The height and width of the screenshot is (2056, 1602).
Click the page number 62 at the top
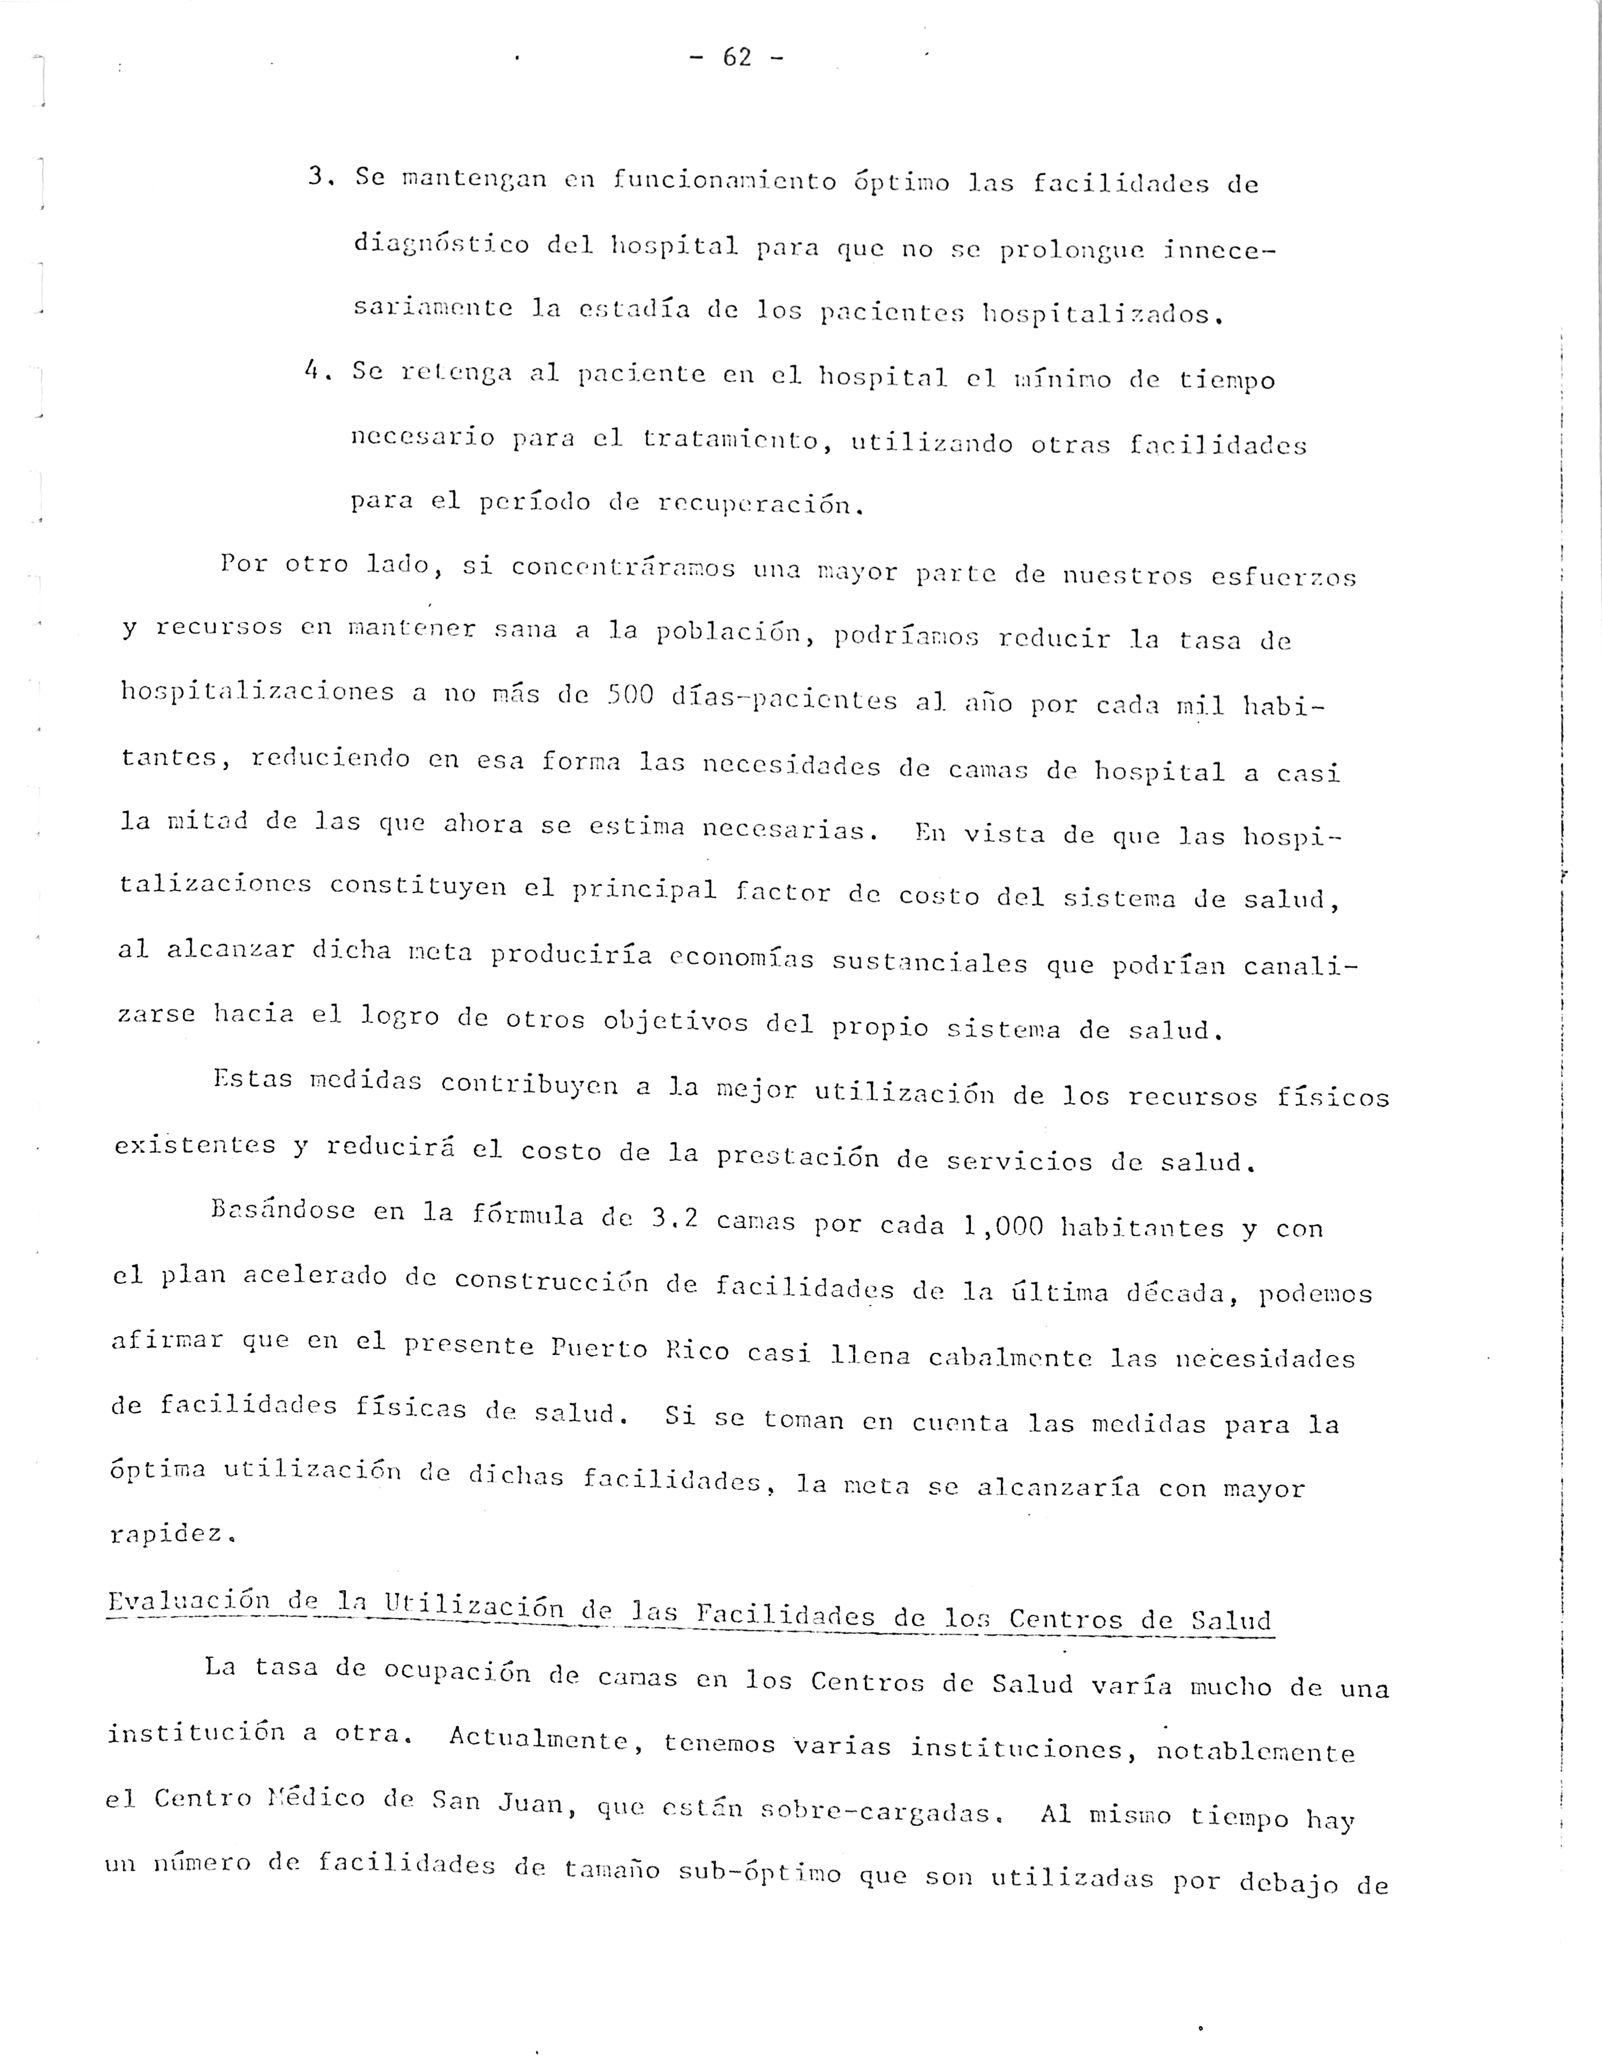(737, 58)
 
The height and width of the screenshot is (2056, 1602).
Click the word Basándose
(283, 1210)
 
